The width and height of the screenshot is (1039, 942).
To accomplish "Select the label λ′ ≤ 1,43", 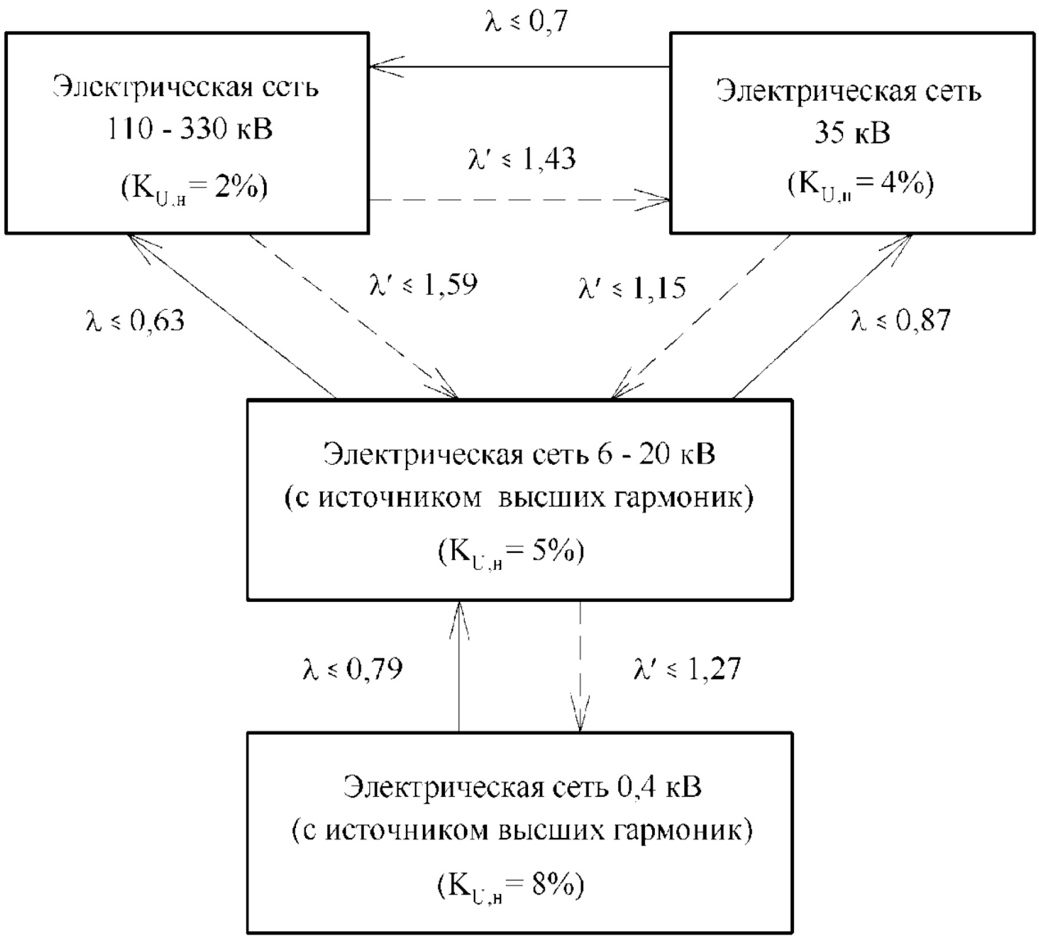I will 521,159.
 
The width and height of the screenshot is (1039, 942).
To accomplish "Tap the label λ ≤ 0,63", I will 135,321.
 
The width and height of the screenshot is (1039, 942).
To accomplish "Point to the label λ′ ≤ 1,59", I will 423,284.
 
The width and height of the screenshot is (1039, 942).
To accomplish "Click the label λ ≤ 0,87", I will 901,321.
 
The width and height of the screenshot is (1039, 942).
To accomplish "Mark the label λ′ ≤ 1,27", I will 688,669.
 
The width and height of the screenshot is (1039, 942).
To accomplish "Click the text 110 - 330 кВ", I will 190,130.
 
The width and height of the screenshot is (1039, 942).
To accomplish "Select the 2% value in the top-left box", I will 235,187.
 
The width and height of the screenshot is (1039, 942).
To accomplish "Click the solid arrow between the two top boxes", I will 519,67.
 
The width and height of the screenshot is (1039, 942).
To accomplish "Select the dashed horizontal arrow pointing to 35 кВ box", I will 519,200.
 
